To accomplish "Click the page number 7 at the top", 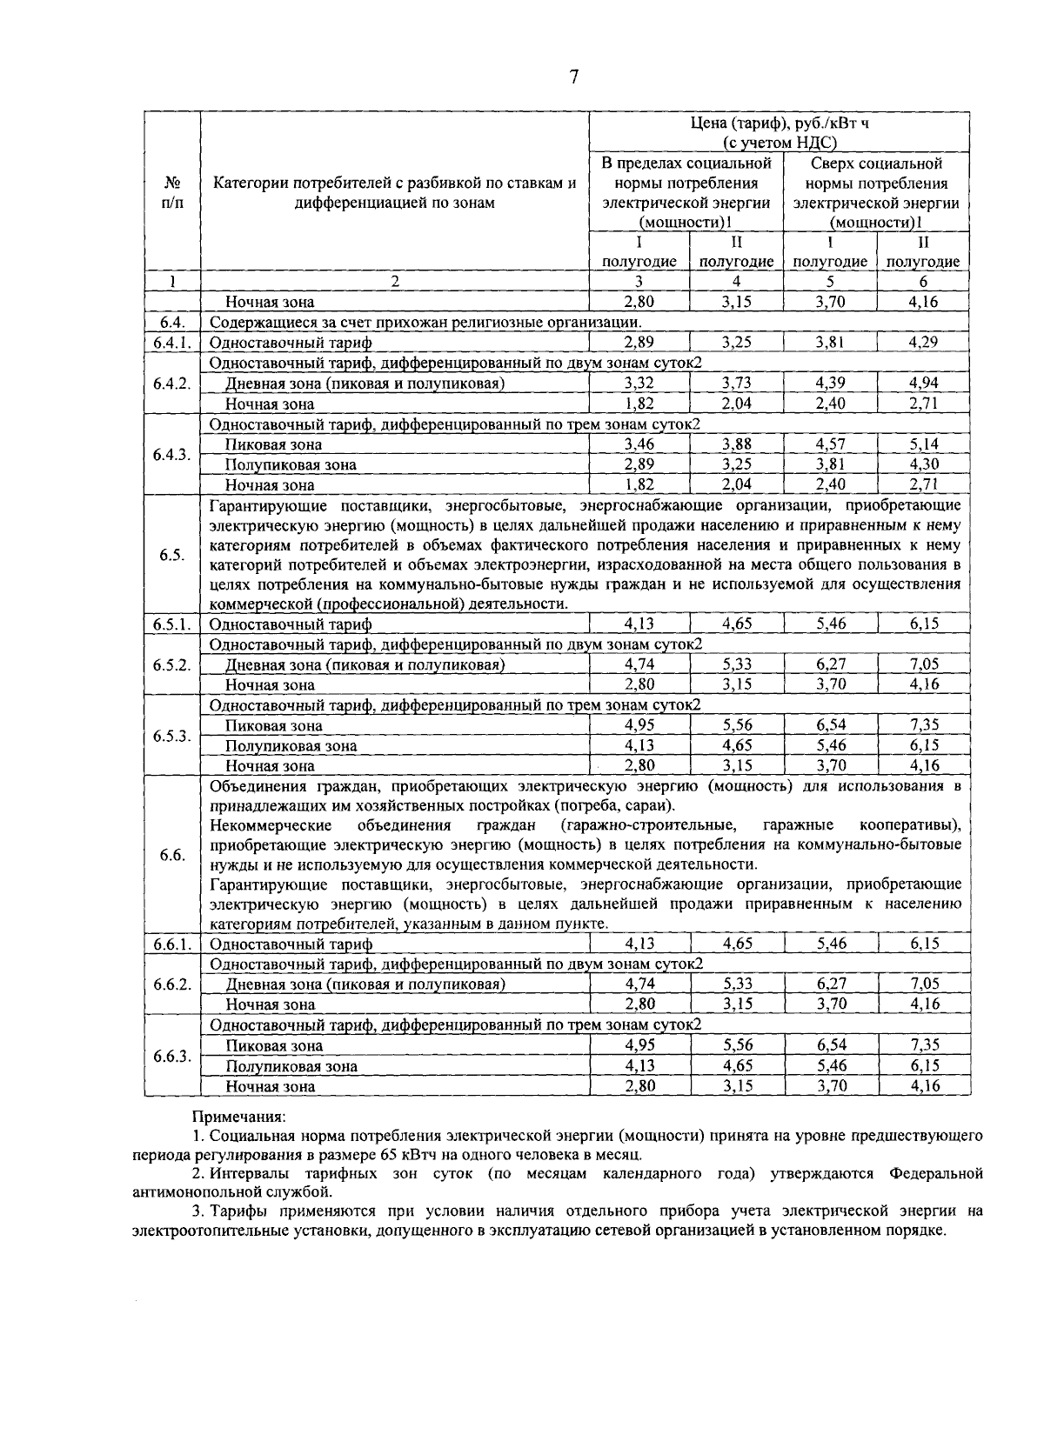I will point(573,77).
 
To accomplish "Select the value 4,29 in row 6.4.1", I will point(923,343).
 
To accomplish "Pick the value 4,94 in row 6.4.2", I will point(923,384).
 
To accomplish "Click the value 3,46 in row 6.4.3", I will point(639,444).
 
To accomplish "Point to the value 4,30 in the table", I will point(923,464).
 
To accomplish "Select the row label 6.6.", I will point(171,855).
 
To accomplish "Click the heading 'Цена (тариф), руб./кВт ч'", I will point(780,123).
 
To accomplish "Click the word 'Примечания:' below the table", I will point(238,1116).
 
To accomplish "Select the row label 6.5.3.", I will point(171,736).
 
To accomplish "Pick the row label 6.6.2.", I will point(171,984).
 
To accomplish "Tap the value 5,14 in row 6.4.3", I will point(923,444).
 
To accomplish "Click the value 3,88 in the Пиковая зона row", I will point(736,444).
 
